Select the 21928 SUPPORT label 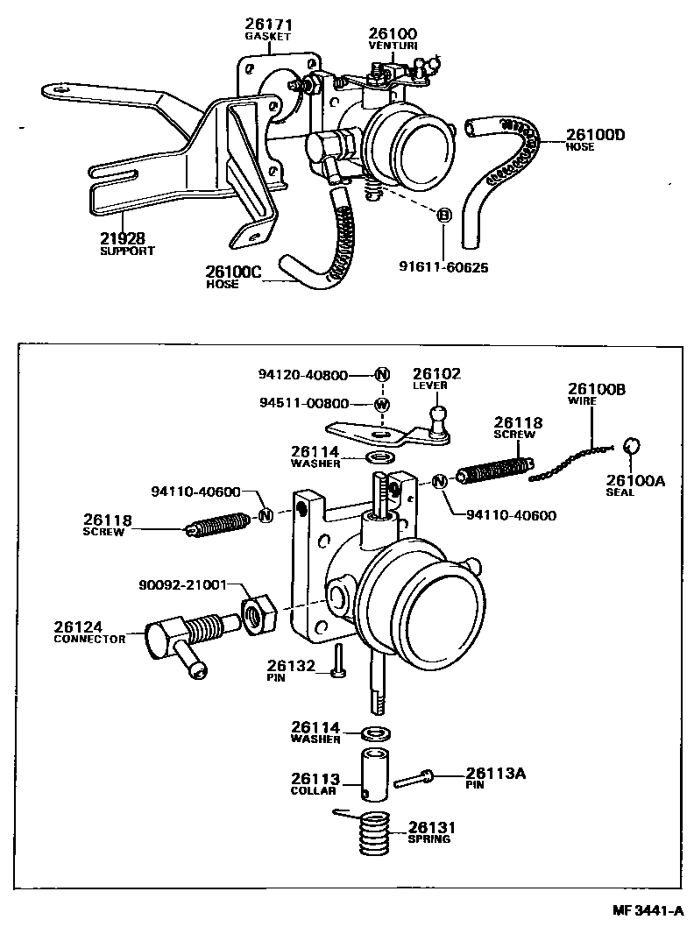[127, 243]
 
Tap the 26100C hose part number [233, 272]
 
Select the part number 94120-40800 [303, 374]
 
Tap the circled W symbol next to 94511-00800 [382, 404]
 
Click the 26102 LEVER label [436, 379]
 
